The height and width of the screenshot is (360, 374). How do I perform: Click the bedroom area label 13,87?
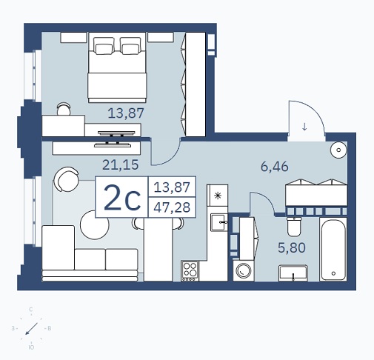tap(126, 113)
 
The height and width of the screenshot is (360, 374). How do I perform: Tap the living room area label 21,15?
tap(121, 165)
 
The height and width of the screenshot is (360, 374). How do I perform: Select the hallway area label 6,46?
tap(275, 167)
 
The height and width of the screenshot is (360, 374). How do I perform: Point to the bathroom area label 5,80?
tap(292, 247)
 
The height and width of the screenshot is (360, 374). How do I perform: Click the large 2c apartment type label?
tap(122, 198)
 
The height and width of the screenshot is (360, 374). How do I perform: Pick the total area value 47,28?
tap(172, 207)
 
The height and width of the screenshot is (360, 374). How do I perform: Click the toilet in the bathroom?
tap(294, 227)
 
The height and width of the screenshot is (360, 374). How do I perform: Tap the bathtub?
tap(333, 249)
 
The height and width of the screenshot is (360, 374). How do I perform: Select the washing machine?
tap(244, 270)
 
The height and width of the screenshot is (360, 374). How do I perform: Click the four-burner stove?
tap(190, 271)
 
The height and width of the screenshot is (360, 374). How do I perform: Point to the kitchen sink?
tap(219, 222)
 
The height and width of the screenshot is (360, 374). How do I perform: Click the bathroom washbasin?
tap(293, 273)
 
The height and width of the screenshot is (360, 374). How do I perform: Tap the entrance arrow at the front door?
tap(304, 127)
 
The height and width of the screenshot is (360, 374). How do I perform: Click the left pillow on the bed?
tap(104, 46)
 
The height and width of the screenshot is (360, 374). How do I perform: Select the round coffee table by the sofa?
tap(95, 224)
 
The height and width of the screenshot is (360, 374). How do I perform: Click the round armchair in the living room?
tap(67, 179)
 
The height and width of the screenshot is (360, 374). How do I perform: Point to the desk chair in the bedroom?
tap(64, 109)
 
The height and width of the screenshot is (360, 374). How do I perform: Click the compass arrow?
tap(32, 329)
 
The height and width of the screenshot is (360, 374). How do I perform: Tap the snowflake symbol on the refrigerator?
tap(218, 196)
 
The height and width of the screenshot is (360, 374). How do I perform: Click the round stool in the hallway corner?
tap(338, 150)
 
